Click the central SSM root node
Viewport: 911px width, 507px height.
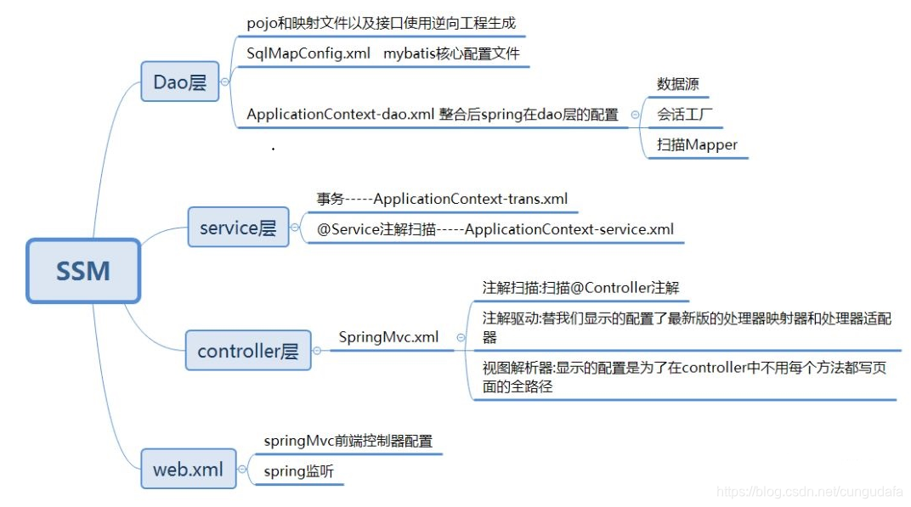click(x=82, y=271)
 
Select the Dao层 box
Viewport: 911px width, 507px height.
click(x=179, y=82)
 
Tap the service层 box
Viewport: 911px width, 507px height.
click(x=238, y=228)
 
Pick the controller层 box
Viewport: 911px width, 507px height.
click(x=248, y=351)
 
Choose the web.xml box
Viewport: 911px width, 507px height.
click(x=188, y=469)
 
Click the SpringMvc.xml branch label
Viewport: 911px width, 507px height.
click(x=388, y=337)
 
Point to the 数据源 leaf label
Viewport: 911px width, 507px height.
click(x=677, y=84)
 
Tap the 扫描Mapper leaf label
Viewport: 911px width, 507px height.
click(x=697, y=144)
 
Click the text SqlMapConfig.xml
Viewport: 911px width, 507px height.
click(x=308, y=54)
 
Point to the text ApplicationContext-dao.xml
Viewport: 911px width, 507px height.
click(x=341, y=115)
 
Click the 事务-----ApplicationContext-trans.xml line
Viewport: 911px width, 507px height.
click(x=442, y=199)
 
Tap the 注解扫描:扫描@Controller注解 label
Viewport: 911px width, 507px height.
click(x=580, y=288)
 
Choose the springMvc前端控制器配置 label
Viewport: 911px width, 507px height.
click(x=348, y=441)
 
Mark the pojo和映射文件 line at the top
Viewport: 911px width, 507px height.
click(x=381, y=23)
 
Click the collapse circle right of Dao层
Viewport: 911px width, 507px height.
click(x=225, y=82)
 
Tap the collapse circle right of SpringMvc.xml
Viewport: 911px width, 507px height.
click(x=460, y=337)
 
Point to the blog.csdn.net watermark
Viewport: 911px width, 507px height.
click(x=807, y=491)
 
